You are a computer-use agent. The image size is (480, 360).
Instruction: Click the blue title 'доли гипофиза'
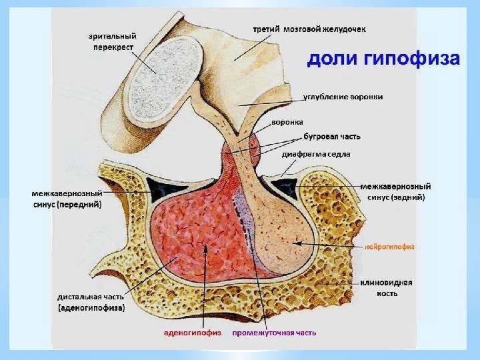(383, 61)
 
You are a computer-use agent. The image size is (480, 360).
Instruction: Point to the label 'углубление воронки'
(343, 97)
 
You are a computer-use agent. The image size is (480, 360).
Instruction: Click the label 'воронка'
(287, 122)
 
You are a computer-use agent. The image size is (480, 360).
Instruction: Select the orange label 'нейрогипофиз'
(389, 246)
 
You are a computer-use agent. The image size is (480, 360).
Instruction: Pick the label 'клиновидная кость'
(387, 287)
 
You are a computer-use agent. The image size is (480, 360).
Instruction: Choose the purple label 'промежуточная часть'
(274, 332)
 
